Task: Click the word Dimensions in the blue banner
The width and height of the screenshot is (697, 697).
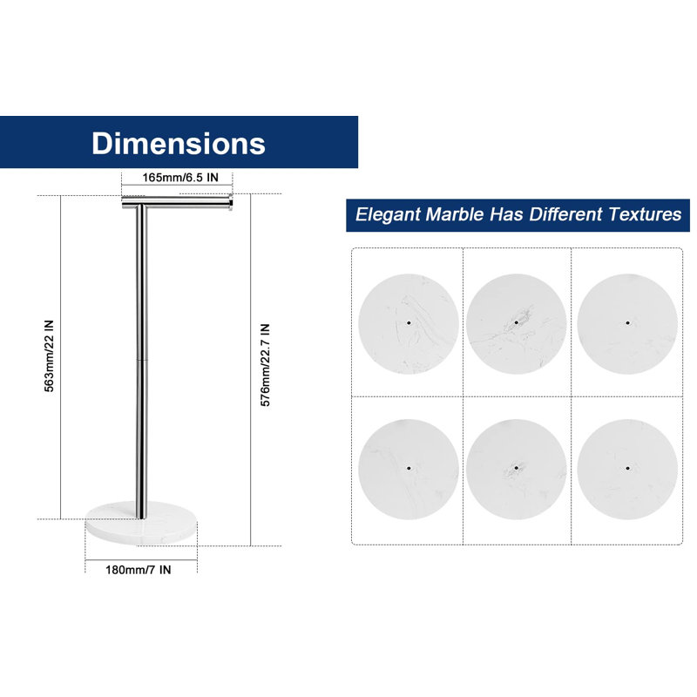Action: [179, 143]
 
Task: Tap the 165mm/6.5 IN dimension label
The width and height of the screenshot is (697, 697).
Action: [180, 178]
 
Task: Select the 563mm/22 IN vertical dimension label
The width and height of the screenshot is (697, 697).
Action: [49, 355]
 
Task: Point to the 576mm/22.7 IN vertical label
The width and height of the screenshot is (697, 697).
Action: [265, 365]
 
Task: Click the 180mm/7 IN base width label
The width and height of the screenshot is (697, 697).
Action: [139, 570]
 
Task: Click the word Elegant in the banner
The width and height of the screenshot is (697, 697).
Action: [387, 214]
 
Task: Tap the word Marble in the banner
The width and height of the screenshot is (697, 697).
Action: [454, 213]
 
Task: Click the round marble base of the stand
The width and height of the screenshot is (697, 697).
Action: [141, 524]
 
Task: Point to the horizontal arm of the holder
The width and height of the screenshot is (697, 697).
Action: [177, 204]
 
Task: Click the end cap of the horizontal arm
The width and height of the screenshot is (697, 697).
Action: [231, 203]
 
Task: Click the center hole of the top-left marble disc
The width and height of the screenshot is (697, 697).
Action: [409, 322]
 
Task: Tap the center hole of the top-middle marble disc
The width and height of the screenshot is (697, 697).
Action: [516, 322]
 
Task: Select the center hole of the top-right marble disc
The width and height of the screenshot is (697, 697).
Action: [627, 322]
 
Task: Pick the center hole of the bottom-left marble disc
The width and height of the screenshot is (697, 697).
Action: [409, 468]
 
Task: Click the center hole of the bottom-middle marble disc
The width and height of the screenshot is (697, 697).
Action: [516, 468]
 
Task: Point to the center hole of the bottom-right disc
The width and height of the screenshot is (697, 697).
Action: [627, 468]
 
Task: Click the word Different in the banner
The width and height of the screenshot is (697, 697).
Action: [565, 213]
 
